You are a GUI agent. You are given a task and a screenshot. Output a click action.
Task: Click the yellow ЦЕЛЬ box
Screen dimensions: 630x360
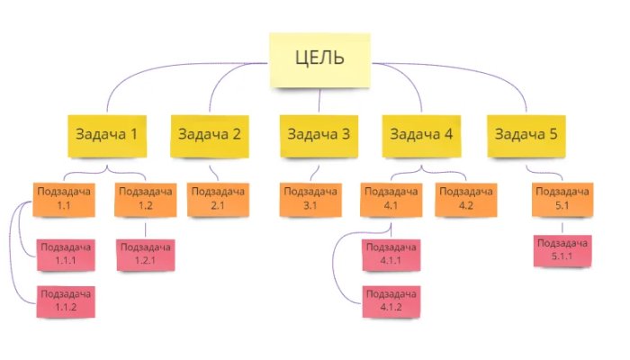[x=319, y=60]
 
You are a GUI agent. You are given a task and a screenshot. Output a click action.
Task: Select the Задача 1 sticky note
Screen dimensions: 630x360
[x=107, y=136]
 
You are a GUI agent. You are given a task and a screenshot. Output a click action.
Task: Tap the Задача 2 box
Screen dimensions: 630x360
[x=210, y=136]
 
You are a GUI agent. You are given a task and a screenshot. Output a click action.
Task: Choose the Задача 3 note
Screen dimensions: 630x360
[x=319, y=136]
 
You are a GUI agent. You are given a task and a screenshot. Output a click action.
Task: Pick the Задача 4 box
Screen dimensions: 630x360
[x=421, y=136]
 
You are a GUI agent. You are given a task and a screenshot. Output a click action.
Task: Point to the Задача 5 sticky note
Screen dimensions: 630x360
[x=526, y=136]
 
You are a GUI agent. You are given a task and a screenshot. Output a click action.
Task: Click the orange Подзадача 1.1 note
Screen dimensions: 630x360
[x=64, y=200]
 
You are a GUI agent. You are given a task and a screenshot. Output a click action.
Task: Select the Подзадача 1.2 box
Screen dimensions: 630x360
[x=146, y=200]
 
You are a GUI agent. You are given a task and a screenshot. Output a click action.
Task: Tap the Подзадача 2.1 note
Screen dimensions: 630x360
[x=218, y=200]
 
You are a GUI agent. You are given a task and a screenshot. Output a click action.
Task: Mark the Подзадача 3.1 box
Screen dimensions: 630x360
[x=310, y=200]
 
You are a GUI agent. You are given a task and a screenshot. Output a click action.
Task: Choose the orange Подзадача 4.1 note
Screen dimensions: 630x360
[x=391, y=200]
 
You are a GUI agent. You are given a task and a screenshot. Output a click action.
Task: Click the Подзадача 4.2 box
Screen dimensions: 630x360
[x=466, y=200]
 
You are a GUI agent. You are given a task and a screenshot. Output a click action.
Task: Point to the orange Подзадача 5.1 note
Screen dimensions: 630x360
[x=562, y=200]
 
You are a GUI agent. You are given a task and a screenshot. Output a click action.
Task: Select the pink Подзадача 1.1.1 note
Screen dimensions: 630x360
[x=66, y=255]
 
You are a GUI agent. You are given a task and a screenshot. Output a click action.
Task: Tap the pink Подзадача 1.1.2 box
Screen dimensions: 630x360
[x=66, y=301]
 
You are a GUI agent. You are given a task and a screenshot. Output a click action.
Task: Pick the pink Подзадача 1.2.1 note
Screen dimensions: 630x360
[x=146, y=255]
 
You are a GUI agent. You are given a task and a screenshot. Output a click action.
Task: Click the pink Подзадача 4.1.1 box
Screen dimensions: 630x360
[x=391, y=255]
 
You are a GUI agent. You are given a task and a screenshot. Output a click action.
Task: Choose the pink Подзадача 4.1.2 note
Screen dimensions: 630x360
[x=391, y=301]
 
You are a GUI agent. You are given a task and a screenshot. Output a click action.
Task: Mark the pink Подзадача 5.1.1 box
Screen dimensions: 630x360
[x=562, y=251]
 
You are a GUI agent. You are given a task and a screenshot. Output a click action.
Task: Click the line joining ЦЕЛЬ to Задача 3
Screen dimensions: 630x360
[x=319, y=101]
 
